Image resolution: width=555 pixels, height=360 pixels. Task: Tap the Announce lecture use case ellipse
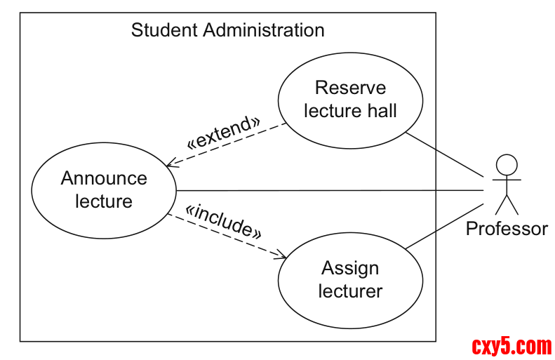pos(104,189)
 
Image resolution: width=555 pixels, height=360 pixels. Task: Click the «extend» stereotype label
pos(222,131)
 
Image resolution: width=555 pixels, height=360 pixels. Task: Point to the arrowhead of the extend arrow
pos(170,166)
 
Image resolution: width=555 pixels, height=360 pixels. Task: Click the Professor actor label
pos(507,229)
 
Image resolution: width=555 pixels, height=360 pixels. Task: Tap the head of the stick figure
pos(507,166)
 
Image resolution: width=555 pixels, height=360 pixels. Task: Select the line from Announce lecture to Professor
pos(330,190)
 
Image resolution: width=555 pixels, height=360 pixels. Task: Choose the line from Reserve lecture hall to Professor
pos(446,154)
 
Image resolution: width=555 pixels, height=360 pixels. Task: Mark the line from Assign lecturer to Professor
pos(446,226)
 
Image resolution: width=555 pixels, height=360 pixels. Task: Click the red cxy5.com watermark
pos(511,345)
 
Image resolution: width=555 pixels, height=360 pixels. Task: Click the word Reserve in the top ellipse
pos(350,88)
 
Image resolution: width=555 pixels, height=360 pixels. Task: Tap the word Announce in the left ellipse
pos(104,178)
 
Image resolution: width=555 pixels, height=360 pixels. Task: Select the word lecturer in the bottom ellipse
pos(350,291)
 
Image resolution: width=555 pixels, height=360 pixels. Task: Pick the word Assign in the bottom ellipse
pos(350,268)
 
